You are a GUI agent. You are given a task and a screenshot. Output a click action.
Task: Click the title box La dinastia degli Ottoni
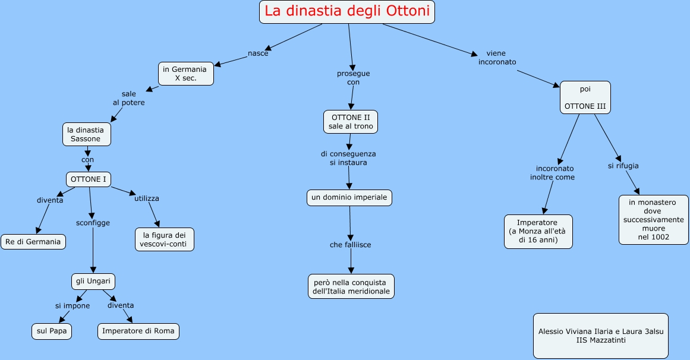(x=346, y=11)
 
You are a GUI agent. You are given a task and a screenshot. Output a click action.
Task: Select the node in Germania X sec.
(x=185, y=74)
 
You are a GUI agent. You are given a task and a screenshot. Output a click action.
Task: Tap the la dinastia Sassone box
(x=86, y=134)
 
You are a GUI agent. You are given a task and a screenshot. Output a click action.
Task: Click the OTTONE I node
(x=89, y=179)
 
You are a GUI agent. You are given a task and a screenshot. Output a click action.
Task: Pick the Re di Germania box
(x=33, y=242)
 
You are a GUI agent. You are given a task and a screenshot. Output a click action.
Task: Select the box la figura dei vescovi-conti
(x=164, y=239)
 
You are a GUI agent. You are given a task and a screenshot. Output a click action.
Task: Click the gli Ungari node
(x=93, y=280)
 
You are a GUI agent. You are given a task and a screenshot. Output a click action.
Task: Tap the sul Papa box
(x=51, y=331)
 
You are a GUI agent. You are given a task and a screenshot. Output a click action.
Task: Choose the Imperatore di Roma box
(x=138, y=331)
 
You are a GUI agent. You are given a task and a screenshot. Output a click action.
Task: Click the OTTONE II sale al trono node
(x=351, y=122)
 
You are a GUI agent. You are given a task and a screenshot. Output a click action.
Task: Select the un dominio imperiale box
(x=349, y=197)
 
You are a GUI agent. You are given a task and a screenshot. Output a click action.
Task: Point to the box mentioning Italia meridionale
(x=351, y=286)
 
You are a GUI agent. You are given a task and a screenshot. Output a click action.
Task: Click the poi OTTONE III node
(x=585, y=97)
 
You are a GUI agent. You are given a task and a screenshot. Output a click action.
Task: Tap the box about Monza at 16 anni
(x=538, y=231)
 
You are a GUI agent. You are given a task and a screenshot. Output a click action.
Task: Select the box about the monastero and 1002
(x=653, y=220)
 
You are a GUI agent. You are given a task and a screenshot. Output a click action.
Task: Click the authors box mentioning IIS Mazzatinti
(x=600, y=336)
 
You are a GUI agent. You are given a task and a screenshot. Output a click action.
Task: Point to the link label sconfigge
(x=93, y=223)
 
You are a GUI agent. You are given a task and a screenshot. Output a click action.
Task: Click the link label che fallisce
(x=351, y=244)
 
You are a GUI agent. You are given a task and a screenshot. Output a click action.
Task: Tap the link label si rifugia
(x=623, y=166)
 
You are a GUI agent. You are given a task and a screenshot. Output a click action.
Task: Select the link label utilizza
(x=146, y=198)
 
